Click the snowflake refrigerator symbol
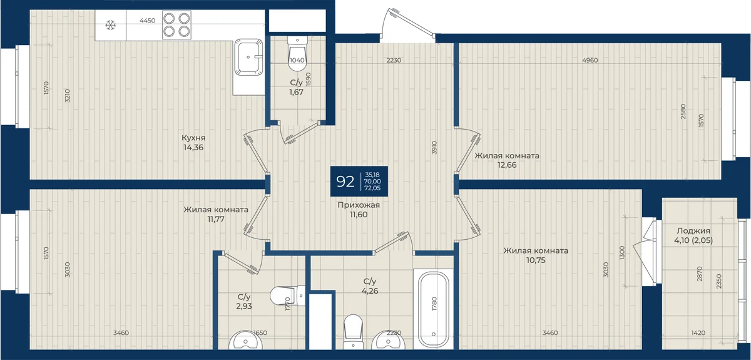(x=110, y=25)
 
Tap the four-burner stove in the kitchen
(x=176, y=24)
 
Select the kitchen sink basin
(x=248, y=58)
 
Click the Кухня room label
(x=193, y=138)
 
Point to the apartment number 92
(x=345, y=182)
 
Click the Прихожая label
(x=359, y=205)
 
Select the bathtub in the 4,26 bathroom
(x=434, y=309)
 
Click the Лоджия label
(x=693, y=231)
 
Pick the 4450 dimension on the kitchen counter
(x=148, y=21)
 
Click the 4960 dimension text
(x=590, y=60)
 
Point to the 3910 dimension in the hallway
(x=434, y=147)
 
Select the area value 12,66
(x=507, y=165)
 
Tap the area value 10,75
(x=536, y=260)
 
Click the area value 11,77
(x=216, y=219)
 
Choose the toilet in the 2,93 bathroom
(x=287, y=296)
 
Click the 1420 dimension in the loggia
(x=698, y=333)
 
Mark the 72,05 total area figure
(x=372, y=188)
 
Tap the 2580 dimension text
(x=683, y=111)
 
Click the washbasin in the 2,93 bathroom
(x=246, y=340)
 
